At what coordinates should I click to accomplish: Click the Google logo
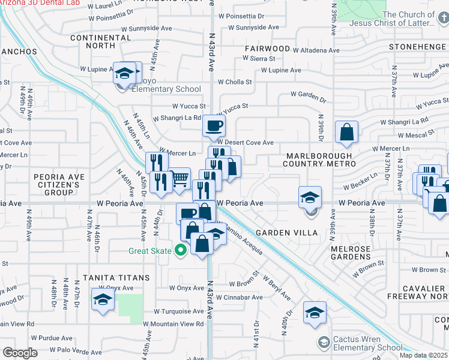[19, 353]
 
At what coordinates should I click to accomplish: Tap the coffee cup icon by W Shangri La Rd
[214, 126]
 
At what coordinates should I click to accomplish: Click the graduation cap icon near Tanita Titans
[103, 299]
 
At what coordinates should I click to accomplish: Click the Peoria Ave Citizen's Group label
[57, 184]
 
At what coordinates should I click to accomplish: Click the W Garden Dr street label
[309, 94]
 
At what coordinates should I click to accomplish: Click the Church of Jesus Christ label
[408, 19]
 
